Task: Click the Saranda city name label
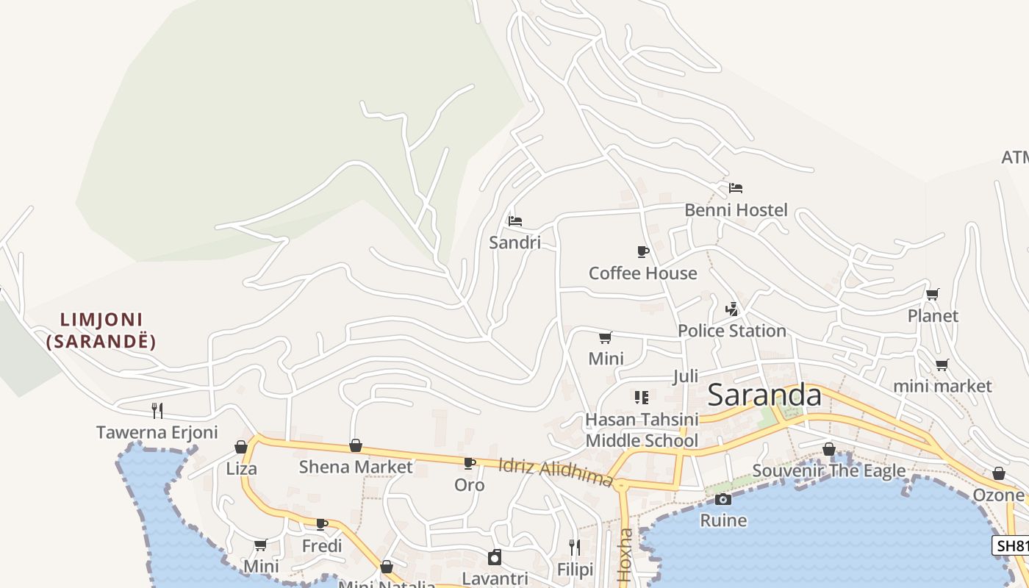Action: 764,395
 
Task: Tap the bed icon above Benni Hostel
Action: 736,188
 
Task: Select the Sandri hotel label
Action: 514,243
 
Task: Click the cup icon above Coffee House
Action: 643,252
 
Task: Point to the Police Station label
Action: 731,331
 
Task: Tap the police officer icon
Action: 731,309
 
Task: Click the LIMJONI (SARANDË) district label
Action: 101,331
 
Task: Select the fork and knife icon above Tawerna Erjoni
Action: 157,410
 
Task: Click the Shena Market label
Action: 356,467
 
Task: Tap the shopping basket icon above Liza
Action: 240,447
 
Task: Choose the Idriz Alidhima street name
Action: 555,473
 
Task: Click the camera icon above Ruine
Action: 723,500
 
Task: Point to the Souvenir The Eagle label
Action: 828,471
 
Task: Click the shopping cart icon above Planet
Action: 932,295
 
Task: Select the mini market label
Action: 942,387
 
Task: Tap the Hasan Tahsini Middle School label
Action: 641,430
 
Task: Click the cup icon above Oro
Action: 469,463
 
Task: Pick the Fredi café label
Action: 322,546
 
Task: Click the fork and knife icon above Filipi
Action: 575,548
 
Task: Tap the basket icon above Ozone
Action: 998,474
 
